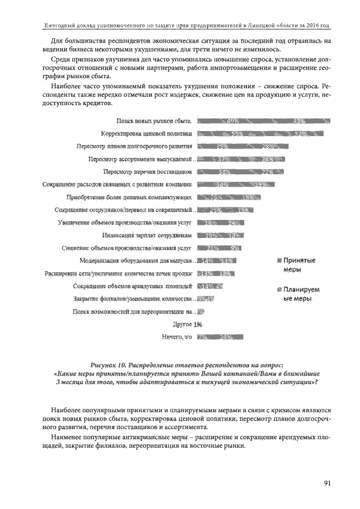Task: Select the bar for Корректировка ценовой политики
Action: [x=261, y=133]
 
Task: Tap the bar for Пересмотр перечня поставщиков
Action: [x=241, y=172]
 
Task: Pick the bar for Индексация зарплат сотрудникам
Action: [x=220, y=235]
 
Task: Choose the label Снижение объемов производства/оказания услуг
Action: [x=127, y=247]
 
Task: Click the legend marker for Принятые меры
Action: [x=278, y=260]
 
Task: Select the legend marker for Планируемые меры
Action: [x=278, y=290]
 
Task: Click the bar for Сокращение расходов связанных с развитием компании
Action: [x=236, y=184]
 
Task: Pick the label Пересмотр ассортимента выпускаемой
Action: [x=141, y=159]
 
